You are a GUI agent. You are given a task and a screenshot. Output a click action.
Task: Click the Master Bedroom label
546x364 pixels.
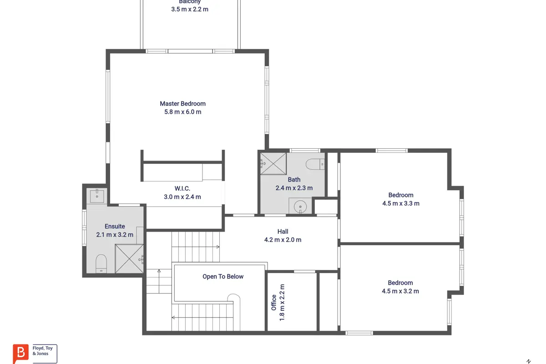coord(182,104)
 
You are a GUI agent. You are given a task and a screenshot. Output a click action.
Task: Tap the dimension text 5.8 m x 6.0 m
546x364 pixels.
coord(182,112)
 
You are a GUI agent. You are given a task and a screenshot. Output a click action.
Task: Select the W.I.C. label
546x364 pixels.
coord(182,188)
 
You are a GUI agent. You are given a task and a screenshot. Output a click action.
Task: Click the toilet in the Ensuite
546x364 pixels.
coord(101,263)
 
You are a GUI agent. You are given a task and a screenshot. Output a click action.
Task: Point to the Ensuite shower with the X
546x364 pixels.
coord(129,258)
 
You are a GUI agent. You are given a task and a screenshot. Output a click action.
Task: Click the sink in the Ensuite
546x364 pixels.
coord(97,196)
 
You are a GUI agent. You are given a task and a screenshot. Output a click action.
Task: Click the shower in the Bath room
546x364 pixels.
coord(273,163)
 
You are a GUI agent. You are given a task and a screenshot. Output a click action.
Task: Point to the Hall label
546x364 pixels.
coord(283,232)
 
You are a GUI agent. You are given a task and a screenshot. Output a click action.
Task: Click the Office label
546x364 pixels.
coord(274,303)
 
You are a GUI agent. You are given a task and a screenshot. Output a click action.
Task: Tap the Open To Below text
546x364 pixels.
coord(223,277)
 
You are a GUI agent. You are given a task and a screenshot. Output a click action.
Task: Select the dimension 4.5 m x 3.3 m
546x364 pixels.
coord(401,203)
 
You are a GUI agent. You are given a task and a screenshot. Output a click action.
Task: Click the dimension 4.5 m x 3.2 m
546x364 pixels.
coord(400,291)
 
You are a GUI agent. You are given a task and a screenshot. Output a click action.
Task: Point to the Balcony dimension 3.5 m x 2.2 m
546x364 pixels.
coord(190,9)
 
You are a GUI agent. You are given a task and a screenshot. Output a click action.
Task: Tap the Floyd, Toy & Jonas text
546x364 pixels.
coord(43,351)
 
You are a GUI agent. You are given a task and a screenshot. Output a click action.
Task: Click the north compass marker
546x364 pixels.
coord(529,361)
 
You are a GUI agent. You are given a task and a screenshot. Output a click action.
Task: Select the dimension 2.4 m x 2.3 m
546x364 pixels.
coord(294,188)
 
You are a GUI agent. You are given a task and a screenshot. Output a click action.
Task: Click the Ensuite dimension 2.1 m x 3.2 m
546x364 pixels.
coord(115,235)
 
